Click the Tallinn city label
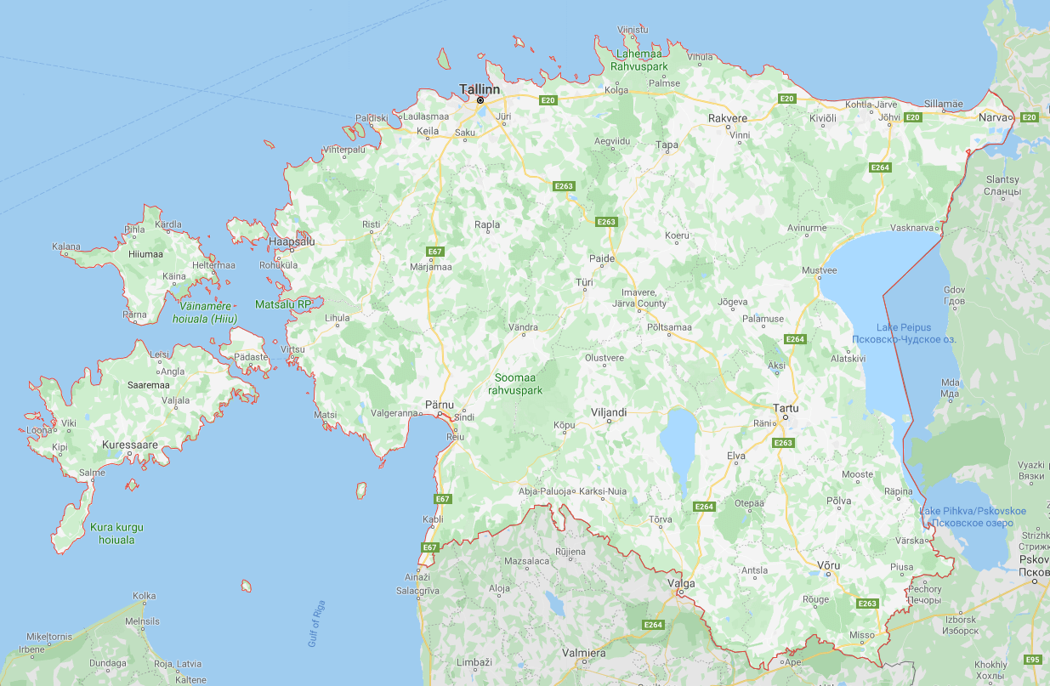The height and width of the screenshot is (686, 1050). [x=480, y=88]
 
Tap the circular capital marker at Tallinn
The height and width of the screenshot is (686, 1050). [x=480, y=100]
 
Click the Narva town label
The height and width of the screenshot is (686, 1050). [x=993, y=116]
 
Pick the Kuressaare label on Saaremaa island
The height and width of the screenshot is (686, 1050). [x=130, y=445]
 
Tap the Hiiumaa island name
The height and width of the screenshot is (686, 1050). [x=145, y=253]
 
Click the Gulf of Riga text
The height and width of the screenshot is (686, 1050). [x=316, y=624]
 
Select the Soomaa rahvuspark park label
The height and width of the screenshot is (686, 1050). [x=515, y=383]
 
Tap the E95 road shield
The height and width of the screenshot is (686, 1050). [x=1033, y=660]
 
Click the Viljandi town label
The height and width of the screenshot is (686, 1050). [x=609, y=412]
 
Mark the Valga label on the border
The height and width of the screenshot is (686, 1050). [x=682, y=584]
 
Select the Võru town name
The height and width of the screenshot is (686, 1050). [x=827, y=565]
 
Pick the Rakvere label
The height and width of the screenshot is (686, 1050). [x=728, y=118]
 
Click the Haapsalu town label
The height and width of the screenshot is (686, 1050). [x=292, y=241]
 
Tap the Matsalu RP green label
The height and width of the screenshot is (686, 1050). [x=284, y=303]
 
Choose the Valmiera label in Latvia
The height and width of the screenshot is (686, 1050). [x=583, y=653]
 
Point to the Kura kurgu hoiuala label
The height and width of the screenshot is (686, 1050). [x=117, y=533]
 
